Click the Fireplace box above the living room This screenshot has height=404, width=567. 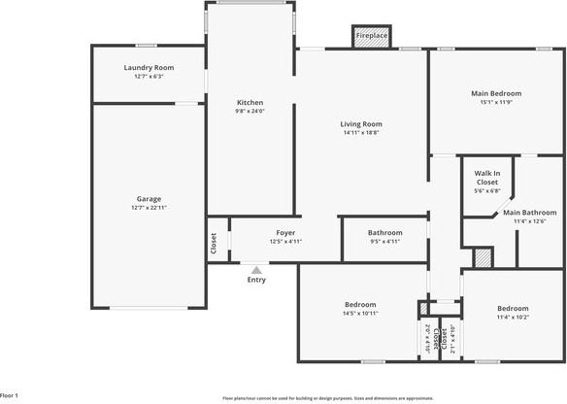(x=371, y=36)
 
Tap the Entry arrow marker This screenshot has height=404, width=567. (x=256, y=271)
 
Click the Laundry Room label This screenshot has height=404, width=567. (x=149, y=67)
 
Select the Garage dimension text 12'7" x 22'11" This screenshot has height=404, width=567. (x=149, y=209)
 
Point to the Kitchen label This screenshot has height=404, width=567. (x=250, y=102)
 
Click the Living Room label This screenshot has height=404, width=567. (x=360, y=123)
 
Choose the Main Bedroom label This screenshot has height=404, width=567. (x=496, y=93)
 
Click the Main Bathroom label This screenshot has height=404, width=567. (x=529, y=212)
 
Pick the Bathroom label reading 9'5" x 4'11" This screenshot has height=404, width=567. (x=384, y=232)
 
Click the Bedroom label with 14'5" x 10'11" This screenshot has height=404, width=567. (x=360, y=304)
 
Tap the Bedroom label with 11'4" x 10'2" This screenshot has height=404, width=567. (x=513, y=308)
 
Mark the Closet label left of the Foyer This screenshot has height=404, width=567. (x=214, y=246)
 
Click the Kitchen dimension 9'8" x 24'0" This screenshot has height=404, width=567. (x=250, y=111)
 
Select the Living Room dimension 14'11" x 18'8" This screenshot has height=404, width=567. (x=360, y=133)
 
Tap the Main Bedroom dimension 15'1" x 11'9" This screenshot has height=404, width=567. (x=496, y=102)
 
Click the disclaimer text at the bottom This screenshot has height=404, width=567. (x=327, y=398)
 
